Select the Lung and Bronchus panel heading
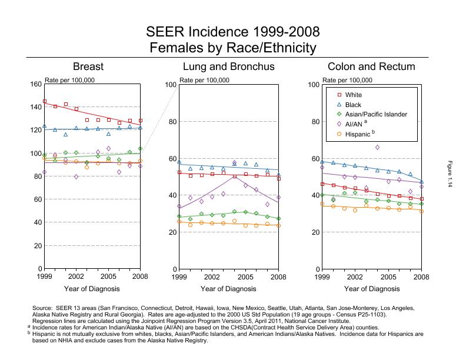(x=229, y=67)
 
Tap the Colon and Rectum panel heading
(x=371, y=67)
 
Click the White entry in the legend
(x=354, y=95)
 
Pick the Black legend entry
(x=353, y=104)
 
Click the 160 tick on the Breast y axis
(x=35, y=84)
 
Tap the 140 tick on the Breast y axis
(x=35, y=107)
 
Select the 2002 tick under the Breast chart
(x=76, y=276)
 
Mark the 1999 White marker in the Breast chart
(x=45, y=101)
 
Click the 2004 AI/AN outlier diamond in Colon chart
(x=378, y=147)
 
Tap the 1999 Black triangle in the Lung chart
(x=179, y=162)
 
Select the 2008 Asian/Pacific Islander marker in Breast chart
(x=141, y=149)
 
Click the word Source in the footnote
(x=45, y=308)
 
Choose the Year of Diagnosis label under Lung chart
(x=228, y=289)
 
